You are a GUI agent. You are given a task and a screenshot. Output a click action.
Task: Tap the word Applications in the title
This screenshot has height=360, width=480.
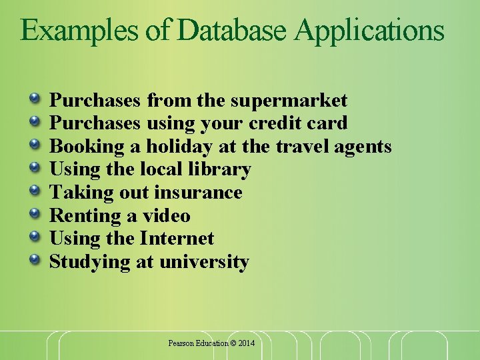pyautogui.click(x=370, y=31)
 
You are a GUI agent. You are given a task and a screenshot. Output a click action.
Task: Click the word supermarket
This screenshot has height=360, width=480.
pyautogui.click(x=289, y=101)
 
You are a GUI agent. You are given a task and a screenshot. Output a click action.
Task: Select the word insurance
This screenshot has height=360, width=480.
pyautogui.click(x=198, y=193)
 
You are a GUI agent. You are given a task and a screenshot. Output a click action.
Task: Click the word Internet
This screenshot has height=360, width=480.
pyautogui.click(x=177, y=239)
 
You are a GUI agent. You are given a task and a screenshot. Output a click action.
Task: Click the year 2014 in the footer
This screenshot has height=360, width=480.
pyautogui.click(x=246, y=343)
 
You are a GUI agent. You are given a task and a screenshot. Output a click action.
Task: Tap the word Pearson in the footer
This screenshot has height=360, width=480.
pyautogui.click(x=181, y=343)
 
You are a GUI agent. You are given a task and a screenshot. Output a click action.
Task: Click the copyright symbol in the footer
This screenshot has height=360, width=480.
pyautogui.click(x=233, y=343)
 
